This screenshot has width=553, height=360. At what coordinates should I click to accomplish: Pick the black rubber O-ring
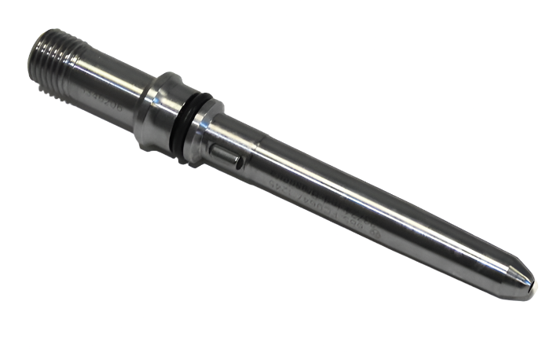[196, 126]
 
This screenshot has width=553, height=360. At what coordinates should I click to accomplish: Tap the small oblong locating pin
[225, 152]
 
